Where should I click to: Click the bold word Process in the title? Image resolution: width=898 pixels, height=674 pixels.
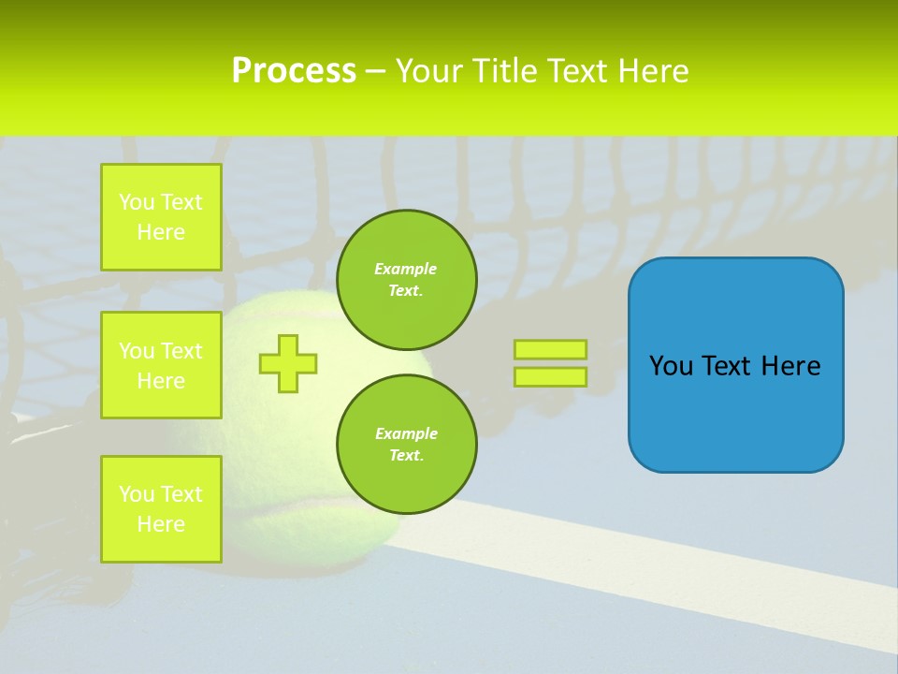[x=294, y=71]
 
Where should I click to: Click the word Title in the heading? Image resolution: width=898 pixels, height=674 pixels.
[x=506, y=71]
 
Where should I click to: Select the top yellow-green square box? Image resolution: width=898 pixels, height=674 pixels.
[x=161, y=217]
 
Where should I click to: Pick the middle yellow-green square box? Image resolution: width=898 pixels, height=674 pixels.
[x=161, y=365]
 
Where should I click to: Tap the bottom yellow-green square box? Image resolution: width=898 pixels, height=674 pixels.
[x=161, y=509]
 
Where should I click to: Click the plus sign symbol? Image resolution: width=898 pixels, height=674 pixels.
[x=288, y=363]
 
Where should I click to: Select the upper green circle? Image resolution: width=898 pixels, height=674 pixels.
[x=406, y=280]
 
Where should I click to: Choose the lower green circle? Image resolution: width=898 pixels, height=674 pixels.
[x=406, y=445]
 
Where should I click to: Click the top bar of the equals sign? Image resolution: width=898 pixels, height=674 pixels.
[x=550, y=349]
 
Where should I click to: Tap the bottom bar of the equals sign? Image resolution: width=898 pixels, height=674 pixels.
[x=550, y=376]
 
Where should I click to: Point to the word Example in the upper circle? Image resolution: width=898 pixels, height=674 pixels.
[x=406, y=269]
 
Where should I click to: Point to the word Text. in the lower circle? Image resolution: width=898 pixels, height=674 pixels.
[x=406, y=456]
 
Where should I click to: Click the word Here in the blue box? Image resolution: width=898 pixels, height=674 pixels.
[x=790, y=366]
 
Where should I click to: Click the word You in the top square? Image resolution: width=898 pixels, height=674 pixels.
[x=137, y=202]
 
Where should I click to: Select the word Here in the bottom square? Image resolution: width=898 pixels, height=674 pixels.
[x=161, y=525]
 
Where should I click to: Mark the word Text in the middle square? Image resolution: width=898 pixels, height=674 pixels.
[x=181, y=351]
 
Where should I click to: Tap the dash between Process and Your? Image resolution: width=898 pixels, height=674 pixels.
[x=375, y=72]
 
